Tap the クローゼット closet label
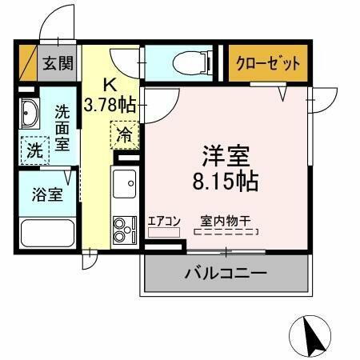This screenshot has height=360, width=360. tap(268, 63)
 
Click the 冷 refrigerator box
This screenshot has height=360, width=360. tap(124, 134)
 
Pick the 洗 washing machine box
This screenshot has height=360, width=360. tap(34, 149)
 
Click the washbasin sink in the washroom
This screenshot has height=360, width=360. tap(30, 115)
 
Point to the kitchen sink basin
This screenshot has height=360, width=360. tap(125, 185)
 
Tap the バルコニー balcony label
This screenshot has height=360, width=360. tap(226, 274)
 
